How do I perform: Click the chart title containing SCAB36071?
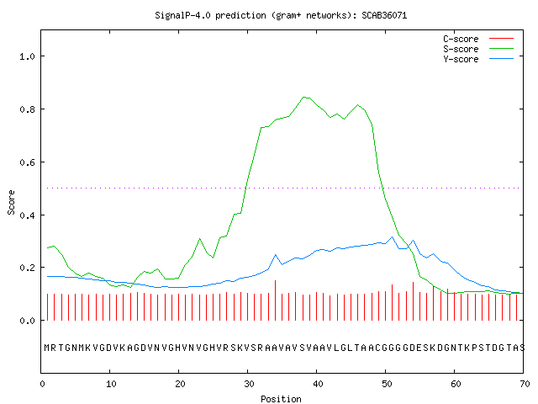(281, 15)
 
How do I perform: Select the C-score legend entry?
(478, 39)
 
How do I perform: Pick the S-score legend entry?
(478, 49)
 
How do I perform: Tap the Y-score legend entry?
(478, 59)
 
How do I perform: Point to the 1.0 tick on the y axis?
(27, 56)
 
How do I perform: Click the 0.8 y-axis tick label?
(27, 109)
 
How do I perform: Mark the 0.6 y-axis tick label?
(27, 162)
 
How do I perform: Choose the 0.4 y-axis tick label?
(27, 215)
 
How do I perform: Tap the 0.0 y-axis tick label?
(27, 321)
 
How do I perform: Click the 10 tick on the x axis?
(111, 384)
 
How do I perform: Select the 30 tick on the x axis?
(249, 384)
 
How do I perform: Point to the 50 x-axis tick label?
(387, 384)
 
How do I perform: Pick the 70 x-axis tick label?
(525, 384)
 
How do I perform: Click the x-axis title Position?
(281, 399)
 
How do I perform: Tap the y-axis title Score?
(11, 202)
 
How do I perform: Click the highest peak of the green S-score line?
(303, 98)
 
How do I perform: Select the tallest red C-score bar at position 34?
(275, 300)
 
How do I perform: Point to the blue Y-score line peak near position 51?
(393, 237)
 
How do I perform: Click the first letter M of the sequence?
(47, 348)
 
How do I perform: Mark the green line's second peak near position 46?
(358, 104)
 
